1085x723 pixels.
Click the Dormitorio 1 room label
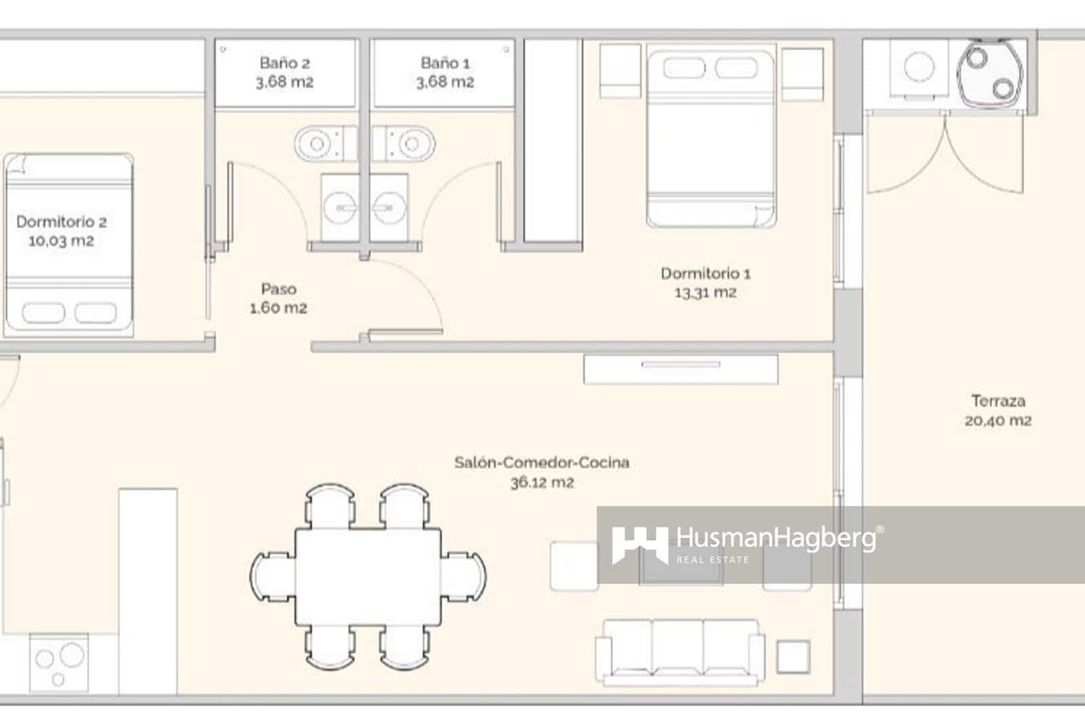[705, 273]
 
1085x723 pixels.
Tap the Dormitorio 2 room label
[61, 222]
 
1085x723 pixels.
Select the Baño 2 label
[284, 63]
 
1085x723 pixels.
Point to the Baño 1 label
[445, 63]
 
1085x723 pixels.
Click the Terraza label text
[998, 401]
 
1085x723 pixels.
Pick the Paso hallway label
[279, 289]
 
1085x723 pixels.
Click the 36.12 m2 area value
[542, 483]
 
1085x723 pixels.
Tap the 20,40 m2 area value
[998, 421]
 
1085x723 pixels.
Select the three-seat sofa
[680, 649]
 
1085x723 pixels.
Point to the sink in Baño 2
[341, 207]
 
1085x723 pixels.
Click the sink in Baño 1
[389, 207]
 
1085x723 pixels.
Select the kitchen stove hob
[60, 661]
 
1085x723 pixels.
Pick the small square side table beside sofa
[793, 657]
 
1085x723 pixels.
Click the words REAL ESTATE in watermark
[713, 560]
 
